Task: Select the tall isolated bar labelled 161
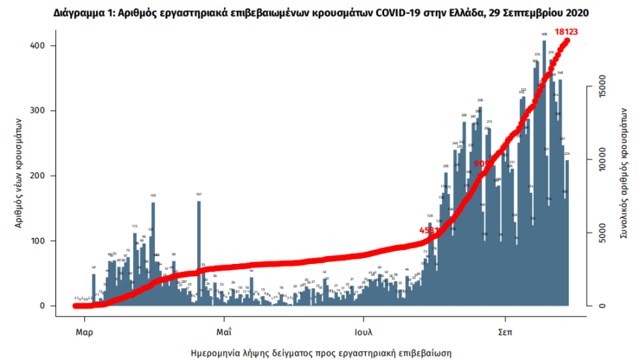pos(199,251)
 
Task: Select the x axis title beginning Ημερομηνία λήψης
pos(321,352)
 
